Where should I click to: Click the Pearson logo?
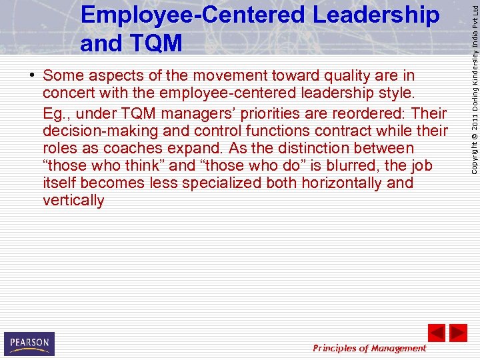point(29,343)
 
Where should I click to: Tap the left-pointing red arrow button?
point(437,333)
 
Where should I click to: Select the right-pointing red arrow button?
point(458,333)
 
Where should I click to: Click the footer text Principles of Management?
point(369,348)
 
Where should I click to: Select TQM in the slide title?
point(157,43)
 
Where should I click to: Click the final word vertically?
point(73,201)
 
